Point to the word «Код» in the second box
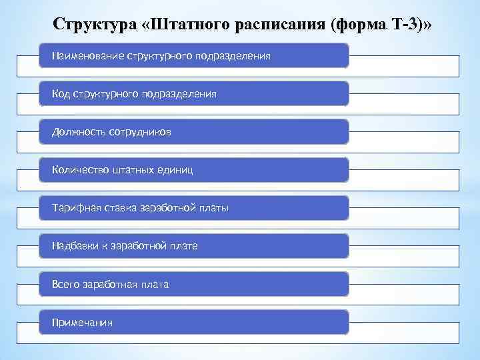(61, 95)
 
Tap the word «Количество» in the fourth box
(78, 171)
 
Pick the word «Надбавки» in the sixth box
(75, 247)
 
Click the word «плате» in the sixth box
(183, 247)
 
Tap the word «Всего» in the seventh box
(66, 285)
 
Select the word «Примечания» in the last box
(83, 323)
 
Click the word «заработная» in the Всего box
(110, 285)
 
